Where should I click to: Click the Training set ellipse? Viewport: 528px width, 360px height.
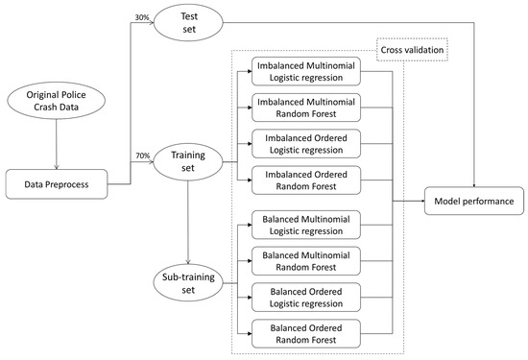(x=187, y=159)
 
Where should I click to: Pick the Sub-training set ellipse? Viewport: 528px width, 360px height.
(x=187, y=283)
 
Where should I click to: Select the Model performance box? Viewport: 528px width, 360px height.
(x=473, y=201)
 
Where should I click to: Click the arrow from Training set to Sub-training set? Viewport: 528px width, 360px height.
(x=187, y=221)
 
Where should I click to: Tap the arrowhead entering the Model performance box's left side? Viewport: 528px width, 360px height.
(x=422, y=201)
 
